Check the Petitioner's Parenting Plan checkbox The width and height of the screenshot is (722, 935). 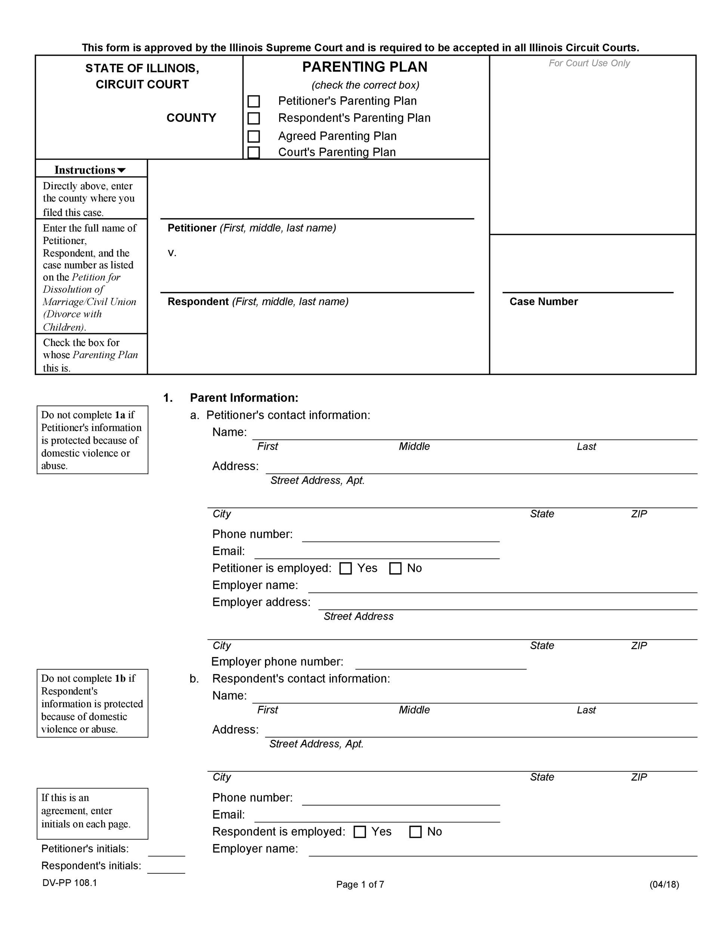pyautogui.click(x=254, y=101)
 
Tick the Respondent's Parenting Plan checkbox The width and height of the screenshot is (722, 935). pyautogui.click(x=254, y=118)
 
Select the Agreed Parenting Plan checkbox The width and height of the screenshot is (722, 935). pyautogui.click(x=254, y=136)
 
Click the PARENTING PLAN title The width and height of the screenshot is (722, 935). pyautogui.click(x=365, y=67)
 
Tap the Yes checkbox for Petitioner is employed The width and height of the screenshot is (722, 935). pyautogui.click(x=346, y=568)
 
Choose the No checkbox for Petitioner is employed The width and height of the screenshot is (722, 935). pyautogui.click(x=396, y=568)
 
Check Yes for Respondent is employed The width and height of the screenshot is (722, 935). pyautogui.click(x=360, y=831)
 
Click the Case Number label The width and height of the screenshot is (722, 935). pyautogui.click(x=543, y=302)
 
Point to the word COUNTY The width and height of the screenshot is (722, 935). pyautogui.click(x=191, y=118)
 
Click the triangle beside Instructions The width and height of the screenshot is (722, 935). pyautogui.click(x=121, y=171)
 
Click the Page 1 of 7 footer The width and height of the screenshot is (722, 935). pyautogui.click(x=360, y=884)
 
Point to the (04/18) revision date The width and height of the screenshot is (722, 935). pyautogui.click(x=664, y=884)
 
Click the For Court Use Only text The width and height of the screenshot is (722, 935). pyautogui.click(x=589, y=63)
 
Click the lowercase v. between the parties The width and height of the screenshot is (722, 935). pyautogui.click(x=172, y=253)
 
